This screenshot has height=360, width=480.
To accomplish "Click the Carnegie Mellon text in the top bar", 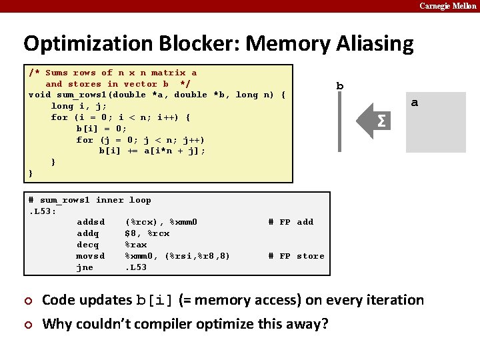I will coord(447,6).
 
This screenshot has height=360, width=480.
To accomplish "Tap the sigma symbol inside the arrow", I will coord(381,121).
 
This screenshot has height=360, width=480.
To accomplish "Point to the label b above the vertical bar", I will coord(340,86).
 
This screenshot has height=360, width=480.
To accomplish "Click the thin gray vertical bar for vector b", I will coord(340,122).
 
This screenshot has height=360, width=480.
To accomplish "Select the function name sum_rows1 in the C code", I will coord(82,95).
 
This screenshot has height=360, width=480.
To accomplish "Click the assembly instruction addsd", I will coord(91,222).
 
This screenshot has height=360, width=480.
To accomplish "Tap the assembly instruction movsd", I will coord(91,256).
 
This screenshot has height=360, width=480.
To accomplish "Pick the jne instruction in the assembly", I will coord(85,267).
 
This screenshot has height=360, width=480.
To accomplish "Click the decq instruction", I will coord(88,245).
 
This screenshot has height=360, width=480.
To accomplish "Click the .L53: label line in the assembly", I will coord(42,211).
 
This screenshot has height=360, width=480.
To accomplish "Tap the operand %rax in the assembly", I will coord(136,245).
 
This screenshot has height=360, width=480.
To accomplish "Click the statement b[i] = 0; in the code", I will coord(101,129).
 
